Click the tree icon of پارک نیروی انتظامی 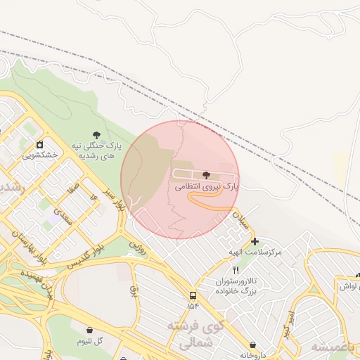(205, 174)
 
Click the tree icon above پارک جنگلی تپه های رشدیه (96, 134)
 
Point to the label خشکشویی (39, 155)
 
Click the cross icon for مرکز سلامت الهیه (255, 241)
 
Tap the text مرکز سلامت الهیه (255, 252)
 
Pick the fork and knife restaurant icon (236, 270)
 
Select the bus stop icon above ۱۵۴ (193, 295)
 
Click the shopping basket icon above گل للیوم (90, 329)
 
